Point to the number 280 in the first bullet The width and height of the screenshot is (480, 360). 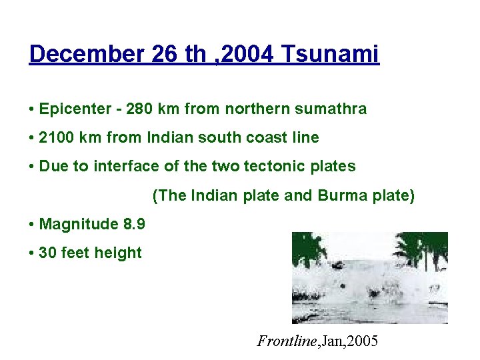(x=138, y=109)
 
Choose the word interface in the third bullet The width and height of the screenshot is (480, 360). (x=121, y=167)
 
